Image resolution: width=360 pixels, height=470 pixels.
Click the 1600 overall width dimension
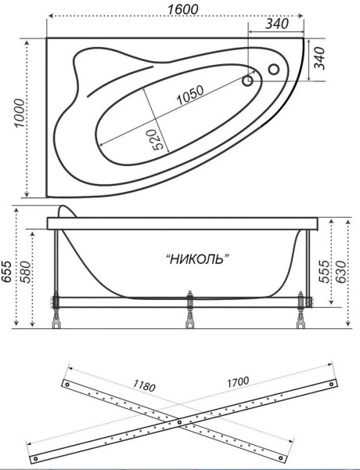point(182,9)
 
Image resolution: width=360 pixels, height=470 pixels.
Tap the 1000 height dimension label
point(20,113)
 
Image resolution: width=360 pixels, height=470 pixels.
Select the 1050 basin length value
point(190,95)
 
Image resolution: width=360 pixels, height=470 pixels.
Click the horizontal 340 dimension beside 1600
point(277,23)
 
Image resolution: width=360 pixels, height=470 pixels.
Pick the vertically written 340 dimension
point(319,58)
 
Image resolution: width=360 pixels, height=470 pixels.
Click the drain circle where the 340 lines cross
point(248,81)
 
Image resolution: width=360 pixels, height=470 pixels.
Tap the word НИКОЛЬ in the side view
point(197,258)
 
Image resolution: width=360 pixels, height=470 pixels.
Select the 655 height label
point(6,272)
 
